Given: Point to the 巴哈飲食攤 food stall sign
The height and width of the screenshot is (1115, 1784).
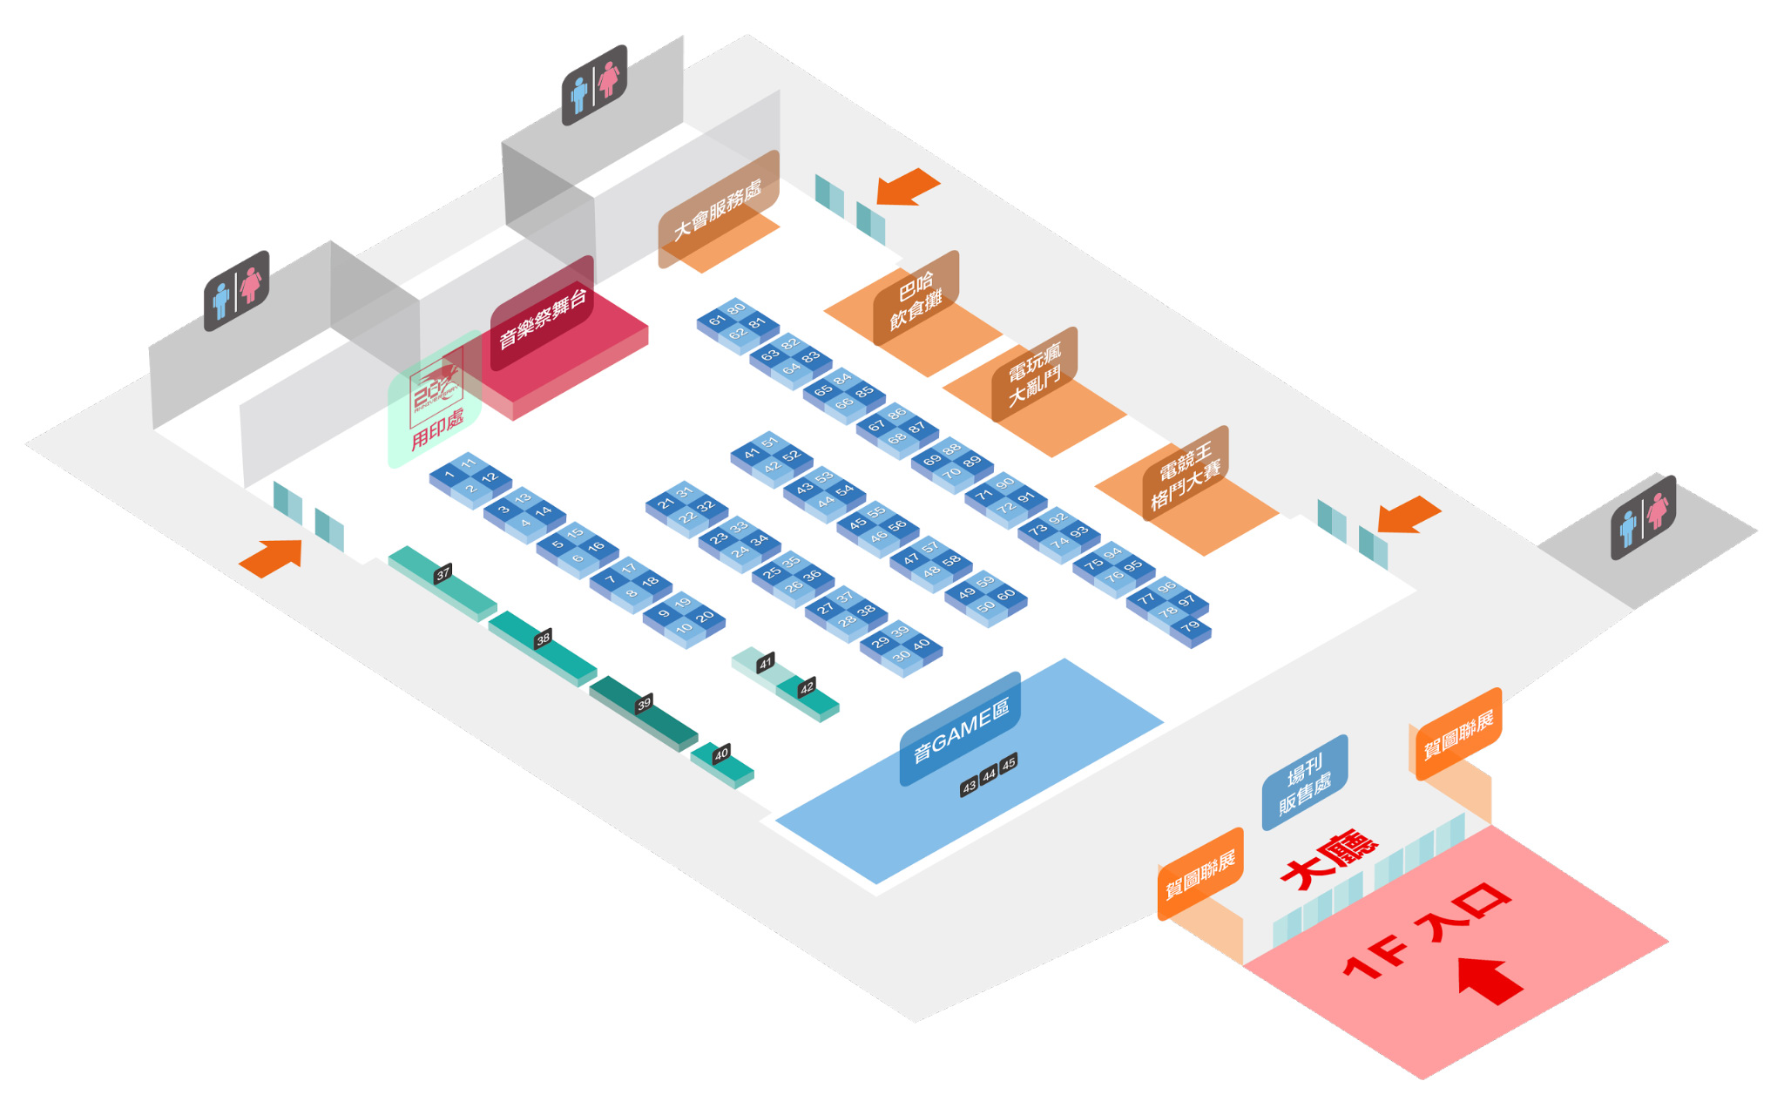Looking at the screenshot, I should (916, 300).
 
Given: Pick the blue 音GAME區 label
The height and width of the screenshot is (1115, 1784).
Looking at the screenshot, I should (960, 730).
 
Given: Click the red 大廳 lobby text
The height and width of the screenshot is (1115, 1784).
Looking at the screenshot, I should (1328, 861).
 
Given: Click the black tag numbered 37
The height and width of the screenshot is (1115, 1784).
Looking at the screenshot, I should (443, 573).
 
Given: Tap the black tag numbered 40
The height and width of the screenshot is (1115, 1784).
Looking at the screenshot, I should (721, 754).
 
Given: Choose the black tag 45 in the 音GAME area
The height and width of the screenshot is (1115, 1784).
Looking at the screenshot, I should (1008, 764).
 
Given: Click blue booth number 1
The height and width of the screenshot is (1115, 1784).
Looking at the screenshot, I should (449, 475).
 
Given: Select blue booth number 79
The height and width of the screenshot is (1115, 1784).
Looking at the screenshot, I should (1191, 625).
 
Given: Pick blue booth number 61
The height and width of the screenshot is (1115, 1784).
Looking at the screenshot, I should (717, 321).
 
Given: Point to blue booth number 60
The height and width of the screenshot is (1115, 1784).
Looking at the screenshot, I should (1006, 595).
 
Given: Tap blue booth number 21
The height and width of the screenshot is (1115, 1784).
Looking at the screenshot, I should (666, 503).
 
